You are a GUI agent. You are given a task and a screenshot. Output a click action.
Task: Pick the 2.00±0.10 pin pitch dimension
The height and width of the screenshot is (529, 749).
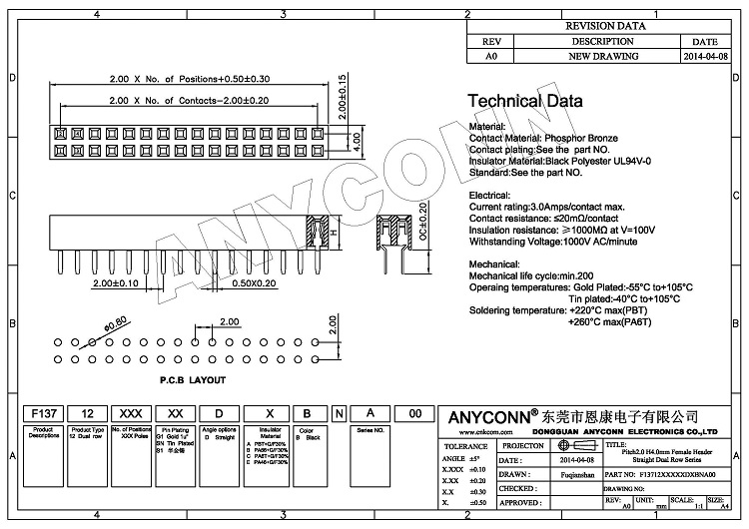pos(115,283)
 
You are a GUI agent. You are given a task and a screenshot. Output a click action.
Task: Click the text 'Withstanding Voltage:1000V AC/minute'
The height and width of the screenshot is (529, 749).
pos(566,241)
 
